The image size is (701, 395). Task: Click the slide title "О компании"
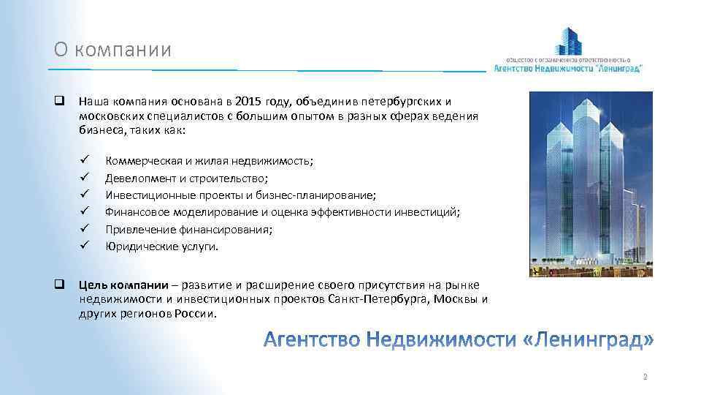[112, 50]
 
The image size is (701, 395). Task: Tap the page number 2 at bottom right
[645, 377]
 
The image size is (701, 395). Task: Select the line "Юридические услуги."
[161, 247]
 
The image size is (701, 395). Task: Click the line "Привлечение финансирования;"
[189, 230]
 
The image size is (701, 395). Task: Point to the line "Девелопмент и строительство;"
[187, 178]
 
